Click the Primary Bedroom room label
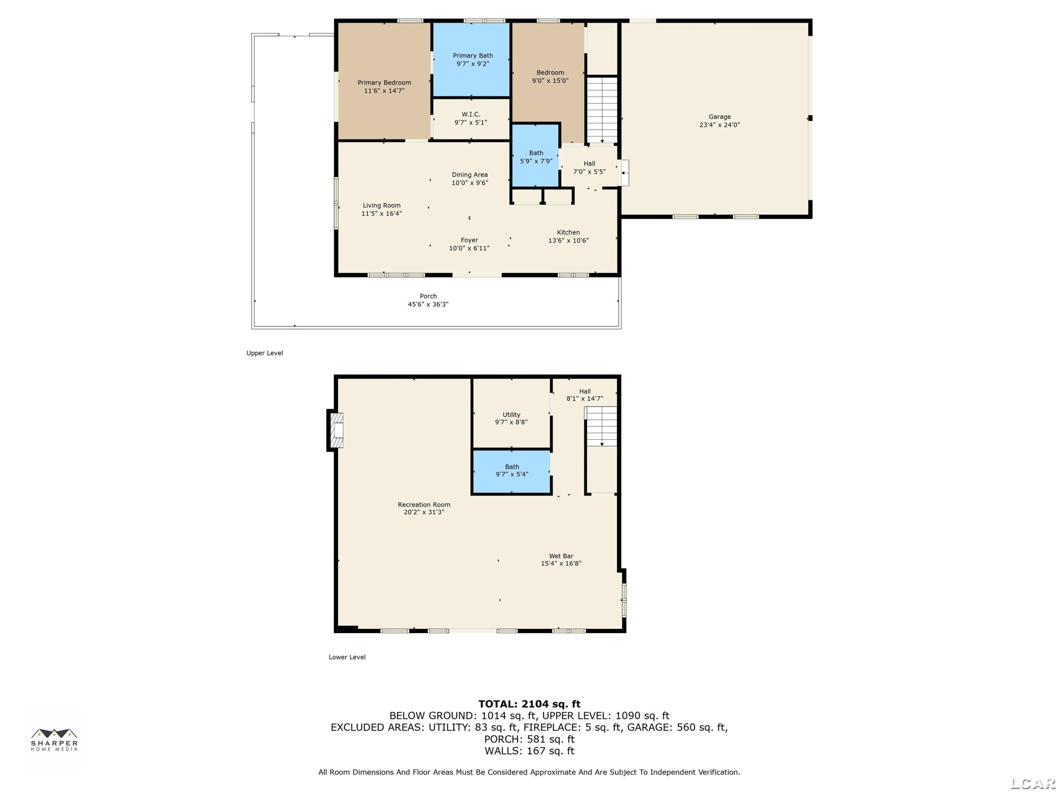[384, 86]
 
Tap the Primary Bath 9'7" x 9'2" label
[473, 59]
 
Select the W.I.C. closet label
[471, 118]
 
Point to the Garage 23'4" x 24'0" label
[719, 121]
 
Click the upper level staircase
[602, 110]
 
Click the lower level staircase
[602, 426]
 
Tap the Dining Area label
[469, 179]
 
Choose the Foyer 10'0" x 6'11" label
[469, 244]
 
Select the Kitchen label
[568, 236]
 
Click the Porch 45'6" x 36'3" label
[428, 300]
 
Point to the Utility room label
[511, 418]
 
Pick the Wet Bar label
[561, 559]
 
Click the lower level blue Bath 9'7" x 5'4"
[512, 471]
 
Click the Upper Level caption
[265, 353]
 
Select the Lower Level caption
[347, 657]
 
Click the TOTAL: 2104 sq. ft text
[529, 704]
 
